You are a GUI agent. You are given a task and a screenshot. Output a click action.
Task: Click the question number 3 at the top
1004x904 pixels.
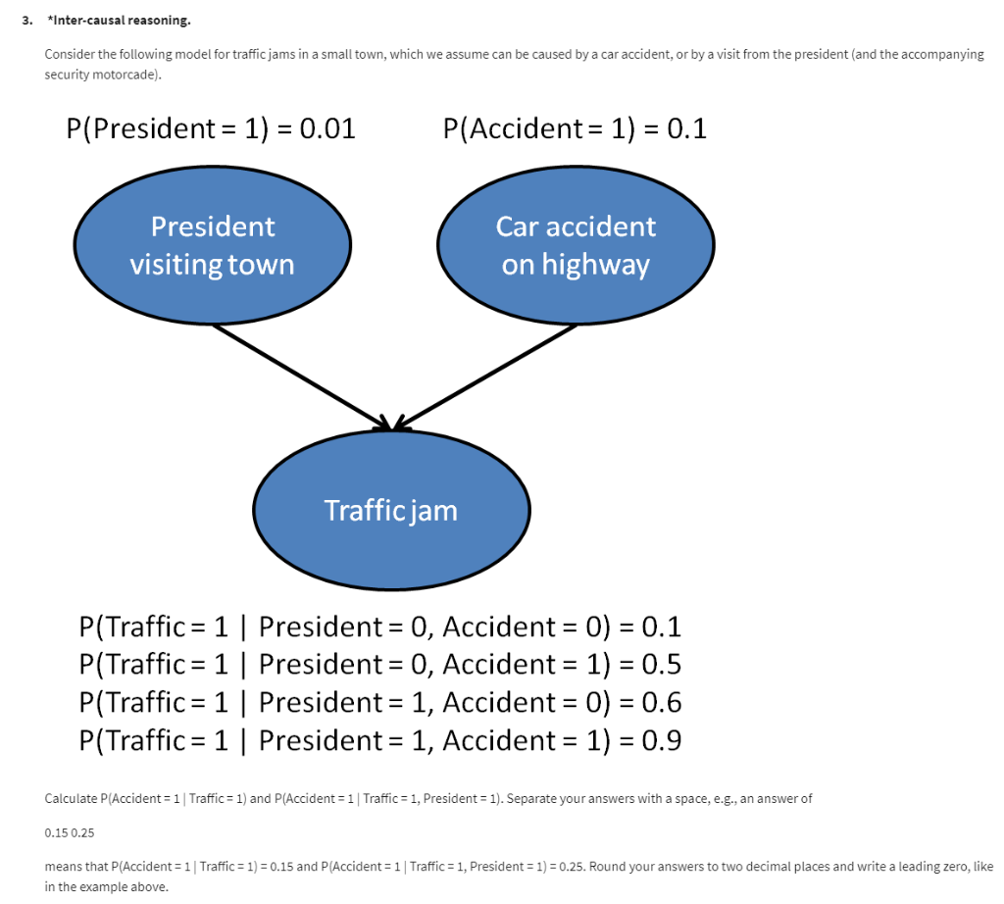(x=29, y=20)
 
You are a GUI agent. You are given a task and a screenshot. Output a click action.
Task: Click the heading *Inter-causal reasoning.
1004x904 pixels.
(x=112, y=20)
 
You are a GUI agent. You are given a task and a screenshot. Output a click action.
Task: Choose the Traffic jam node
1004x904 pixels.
(x=391, y=511)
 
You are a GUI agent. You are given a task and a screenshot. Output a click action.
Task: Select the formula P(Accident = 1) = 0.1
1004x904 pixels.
(x=575, y=128)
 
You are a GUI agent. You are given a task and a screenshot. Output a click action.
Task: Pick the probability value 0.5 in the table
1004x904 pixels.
(x=661, y=665)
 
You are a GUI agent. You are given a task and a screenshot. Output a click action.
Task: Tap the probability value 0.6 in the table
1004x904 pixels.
(x=661, y=703)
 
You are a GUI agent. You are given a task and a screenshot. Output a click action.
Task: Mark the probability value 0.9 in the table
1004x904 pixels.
(x=661, y=740)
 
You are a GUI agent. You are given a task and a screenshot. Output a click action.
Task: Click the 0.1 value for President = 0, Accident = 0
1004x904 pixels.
(x=661, y=628)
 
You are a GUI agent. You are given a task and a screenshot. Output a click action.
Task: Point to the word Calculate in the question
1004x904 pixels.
(x=72, y=799)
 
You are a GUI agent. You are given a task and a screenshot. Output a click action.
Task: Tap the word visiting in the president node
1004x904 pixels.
(x=170, y=266)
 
